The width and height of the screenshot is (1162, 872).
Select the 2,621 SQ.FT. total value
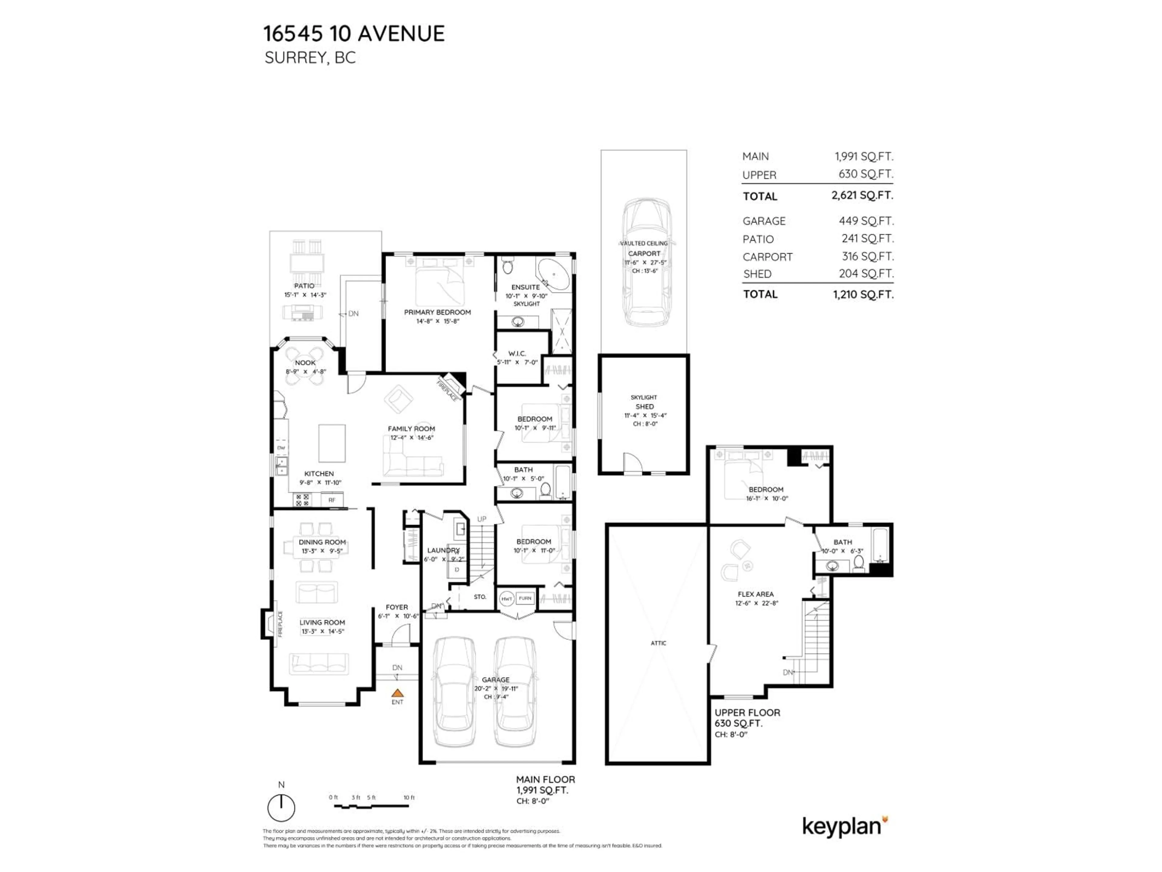pyautogui.click(x=862, y=196)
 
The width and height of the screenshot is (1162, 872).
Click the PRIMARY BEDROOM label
pyautogui.click(x=437, y=312)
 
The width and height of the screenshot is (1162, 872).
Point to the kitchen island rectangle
pyautogui.click(x=332, y=443)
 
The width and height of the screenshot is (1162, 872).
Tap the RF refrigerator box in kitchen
pyautogui.click(x=332, y=500)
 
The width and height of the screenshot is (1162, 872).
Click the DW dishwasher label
pyautogui.click(x=281, y=448)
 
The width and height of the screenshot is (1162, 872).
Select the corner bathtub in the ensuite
pyautogui.click(x=554, y=274)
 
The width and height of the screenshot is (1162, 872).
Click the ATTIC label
pyautogui.click(x=658, y=643)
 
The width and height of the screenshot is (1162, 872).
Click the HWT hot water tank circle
pyautogui.click(x=506, y=598)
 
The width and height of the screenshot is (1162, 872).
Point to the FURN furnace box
pyautogui.click(x=525, y=598)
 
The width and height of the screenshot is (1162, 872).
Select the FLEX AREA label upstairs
pyautogui.click(x=755, y=594)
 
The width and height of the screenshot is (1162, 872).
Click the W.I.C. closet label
pyautogui.click(x=517, y=354)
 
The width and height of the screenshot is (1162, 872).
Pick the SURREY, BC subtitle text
pyautogui.click(x=310, y=58)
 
